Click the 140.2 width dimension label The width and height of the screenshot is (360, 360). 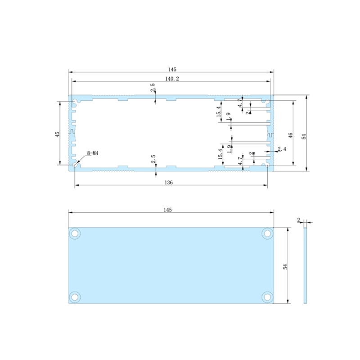tap(171, 79)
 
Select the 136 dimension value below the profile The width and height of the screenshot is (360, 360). tap(169, 183)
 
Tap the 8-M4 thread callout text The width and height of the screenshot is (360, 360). tap(92, 153)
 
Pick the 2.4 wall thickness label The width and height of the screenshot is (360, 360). tap(282, 149)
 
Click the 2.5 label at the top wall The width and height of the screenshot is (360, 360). tap(153, 88)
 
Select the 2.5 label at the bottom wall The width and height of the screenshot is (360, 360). tap(153, 159)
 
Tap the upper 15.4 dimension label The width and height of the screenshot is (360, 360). tap(218, 111)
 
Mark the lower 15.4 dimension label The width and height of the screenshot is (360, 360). tap(220, 153)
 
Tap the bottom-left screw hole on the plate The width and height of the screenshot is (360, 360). tap(75, 297)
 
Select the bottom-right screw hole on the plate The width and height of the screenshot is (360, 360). tap(268, 297)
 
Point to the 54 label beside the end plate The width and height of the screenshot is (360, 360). tap(285, 266)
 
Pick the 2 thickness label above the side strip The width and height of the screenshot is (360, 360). tap(299, 220)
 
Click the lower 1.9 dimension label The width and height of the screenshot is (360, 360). tap(229, 149)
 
